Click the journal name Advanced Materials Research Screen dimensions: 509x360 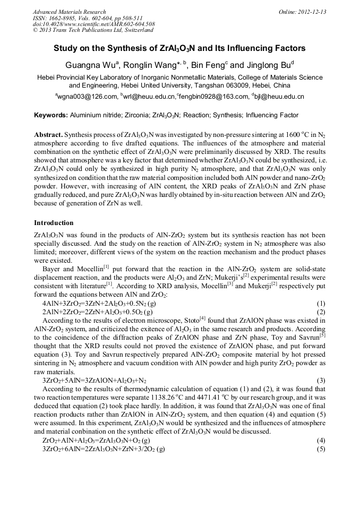point(69,12)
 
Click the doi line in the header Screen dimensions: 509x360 point(93,24)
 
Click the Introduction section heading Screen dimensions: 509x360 point(54,222)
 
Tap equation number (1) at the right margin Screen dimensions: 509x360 point(321,304)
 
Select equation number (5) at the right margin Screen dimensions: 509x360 point(321,448)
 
